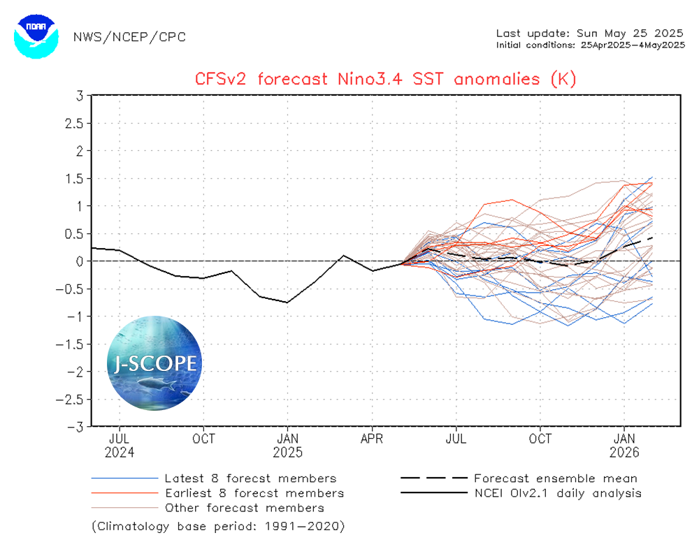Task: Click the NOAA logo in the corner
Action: [x=35, y=35]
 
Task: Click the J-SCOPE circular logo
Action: [x=154, y=363]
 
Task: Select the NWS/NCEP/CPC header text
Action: [x=129, y=37]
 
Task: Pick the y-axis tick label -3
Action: [x=78, y=426]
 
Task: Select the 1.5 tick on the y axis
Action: [x=76, y=178]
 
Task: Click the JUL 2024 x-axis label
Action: [x=120, y=445]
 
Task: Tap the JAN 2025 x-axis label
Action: [x=287, y=445]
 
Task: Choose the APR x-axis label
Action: [x=372, y=439]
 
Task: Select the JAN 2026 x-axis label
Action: [x=624, y=445]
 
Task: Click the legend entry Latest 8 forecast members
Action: [x=250, y=479]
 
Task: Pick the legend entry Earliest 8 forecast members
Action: [x=253, y=493]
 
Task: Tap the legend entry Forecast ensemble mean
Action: [x=555, y=479]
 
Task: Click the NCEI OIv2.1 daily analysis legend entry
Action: [x=557, y=493]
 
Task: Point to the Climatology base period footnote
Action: [x=218, y=525]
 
